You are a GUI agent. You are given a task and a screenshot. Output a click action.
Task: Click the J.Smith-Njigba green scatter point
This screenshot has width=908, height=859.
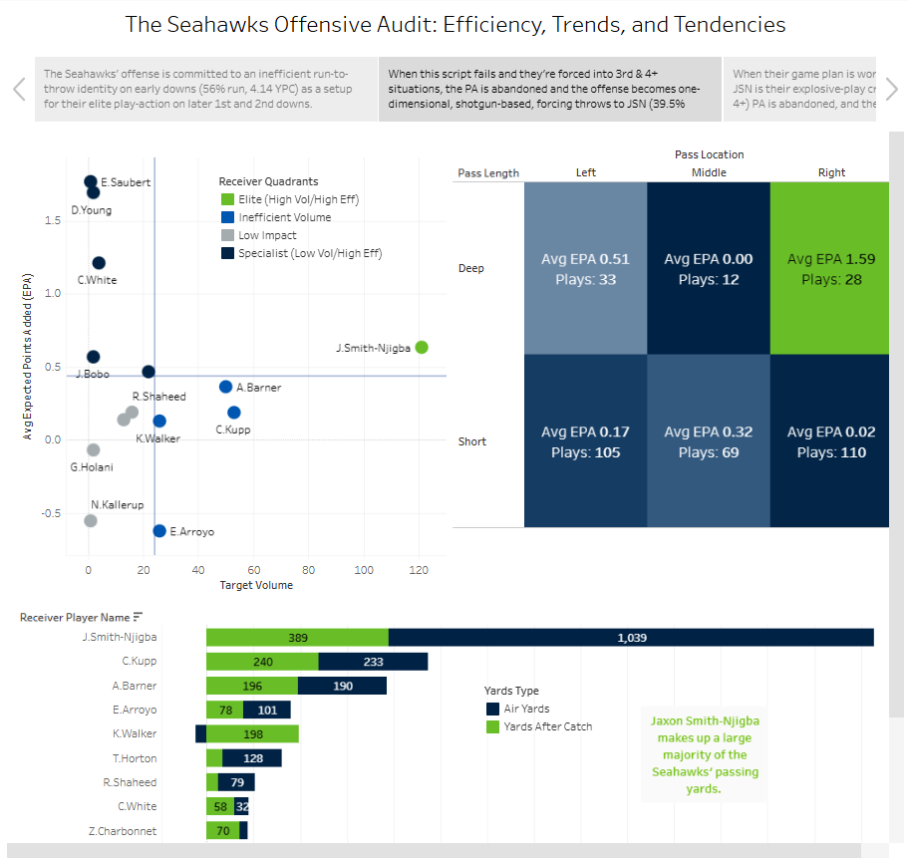(x=422, y=347)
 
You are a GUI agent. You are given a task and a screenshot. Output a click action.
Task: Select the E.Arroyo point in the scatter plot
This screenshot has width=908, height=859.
(x=159, y=531)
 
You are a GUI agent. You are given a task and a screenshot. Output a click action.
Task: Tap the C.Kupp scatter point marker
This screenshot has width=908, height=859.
(x=234, y=413)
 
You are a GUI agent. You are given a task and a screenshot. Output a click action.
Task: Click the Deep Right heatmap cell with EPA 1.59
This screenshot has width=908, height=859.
(x=831, y=269)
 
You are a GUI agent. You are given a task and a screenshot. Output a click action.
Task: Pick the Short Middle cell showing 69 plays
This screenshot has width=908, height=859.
(x=709, y=441)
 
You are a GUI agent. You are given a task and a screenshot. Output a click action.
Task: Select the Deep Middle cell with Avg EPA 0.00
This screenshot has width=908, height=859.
(x=709, y=269)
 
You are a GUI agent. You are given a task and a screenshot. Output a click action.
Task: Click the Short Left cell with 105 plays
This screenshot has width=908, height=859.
(x=586, y=441)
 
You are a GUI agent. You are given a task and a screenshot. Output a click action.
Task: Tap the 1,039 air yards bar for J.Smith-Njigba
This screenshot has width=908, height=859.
(x=631, y=638)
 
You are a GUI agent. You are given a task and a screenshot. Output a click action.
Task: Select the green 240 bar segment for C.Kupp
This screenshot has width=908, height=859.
(x=262, y=662)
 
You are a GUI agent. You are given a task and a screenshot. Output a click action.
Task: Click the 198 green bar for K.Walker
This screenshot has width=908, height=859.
(x=252, y=734)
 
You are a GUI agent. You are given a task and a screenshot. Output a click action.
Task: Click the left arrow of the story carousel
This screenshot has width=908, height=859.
(x=19, y=89)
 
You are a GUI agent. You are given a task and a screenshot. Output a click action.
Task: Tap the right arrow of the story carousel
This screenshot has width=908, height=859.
(x=893, y=89)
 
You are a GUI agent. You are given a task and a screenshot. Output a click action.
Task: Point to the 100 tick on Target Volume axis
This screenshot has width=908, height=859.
(x=364, y=569)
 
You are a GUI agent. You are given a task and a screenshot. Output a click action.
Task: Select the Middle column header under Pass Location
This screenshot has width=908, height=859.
(x=709, y=172)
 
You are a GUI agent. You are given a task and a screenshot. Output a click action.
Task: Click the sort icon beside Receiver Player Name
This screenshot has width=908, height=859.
(x=138, y=617)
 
